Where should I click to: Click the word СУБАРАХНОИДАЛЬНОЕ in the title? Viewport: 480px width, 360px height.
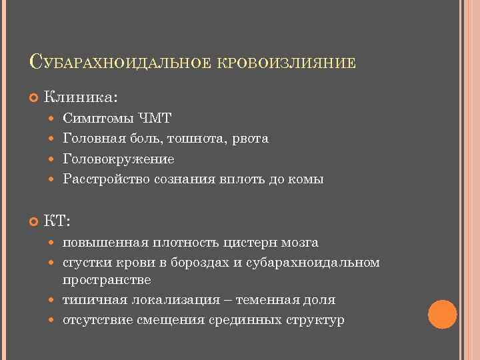[x=120, y=63]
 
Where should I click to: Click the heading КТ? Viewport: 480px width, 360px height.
[x=57, y=221]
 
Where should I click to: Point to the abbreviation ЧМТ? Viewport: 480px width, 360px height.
[x=155, y=118]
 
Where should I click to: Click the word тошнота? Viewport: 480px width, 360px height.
[x=197, y=139]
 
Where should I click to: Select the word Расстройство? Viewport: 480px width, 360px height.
[x=105, y=179]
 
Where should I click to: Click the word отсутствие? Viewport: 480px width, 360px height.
[x=97, y=320]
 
